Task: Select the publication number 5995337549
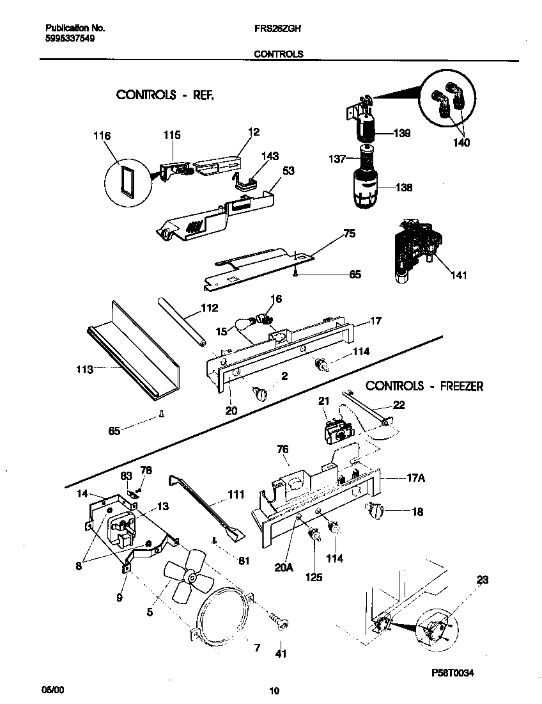[70, 38]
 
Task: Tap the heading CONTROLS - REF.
[164, 95]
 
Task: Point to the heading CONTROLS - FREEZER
[424, 386]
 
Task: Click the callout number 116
[102, 136]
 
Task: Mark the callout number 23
[482, 580]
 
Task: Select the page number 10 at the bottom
[274, 691]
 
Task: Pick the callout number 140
[461, 143]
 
